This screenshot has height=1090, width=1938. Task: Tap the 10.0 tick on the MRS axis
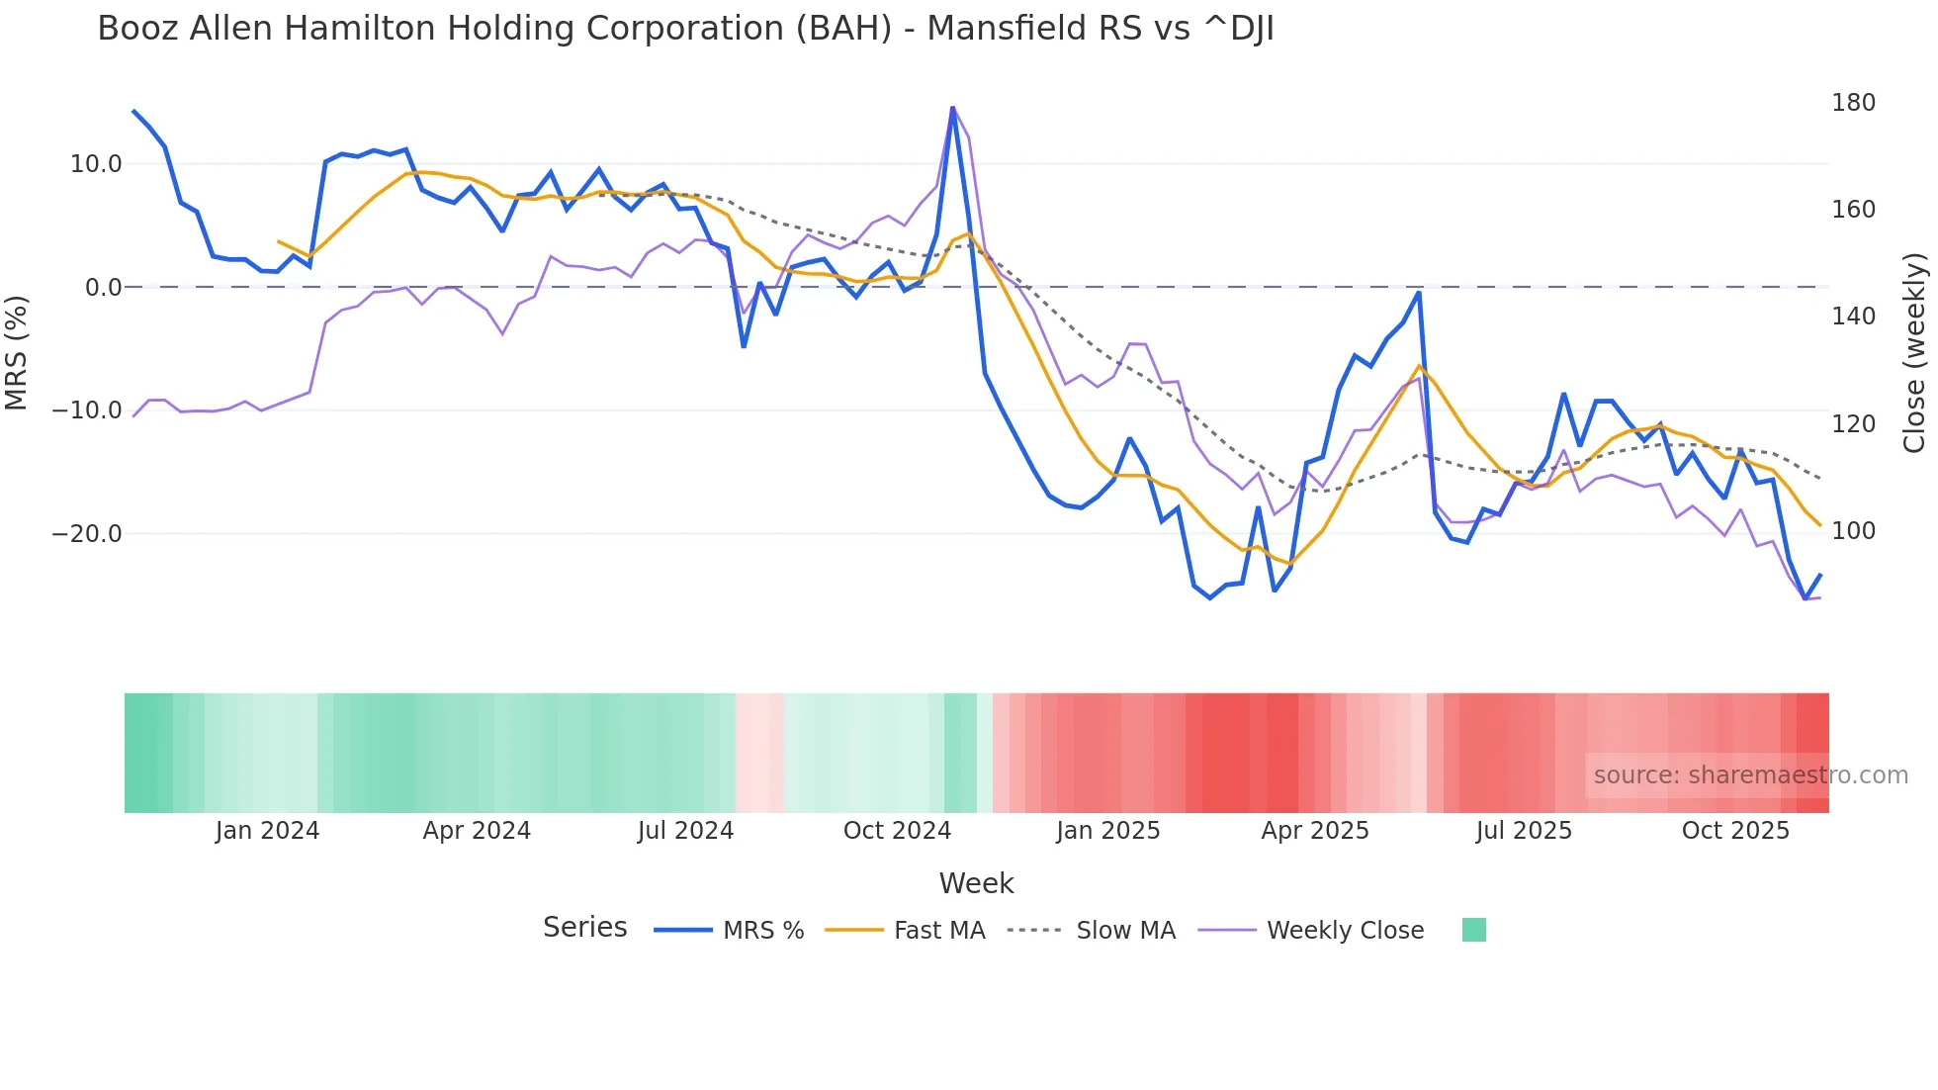pos(96,164)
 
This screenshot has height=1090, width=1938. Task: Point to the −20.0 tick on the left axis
pos(87,534)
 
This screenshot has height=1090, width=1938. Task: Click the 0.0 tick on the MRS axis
pos(103,288)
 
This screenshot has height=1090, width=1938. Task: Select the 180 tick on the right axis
pos(1853,103)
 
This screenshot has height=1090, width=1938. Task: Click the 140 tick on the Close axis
pos(1853,317)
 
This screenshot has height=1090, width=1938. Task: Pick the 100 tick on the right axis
pos(1853,531)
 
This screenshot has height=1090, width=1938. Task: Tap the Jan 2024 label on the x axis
pos(267,831)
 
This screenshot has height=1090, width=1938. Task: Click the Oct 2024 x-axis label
pos(897,831)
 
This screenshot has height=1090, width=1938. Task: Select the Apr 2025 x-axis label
pos(1315,831)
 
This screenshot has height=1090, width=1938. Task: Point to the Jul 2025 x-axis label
pos(1524,831)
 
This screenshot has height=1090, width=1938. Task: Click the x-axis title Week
pos(976,883)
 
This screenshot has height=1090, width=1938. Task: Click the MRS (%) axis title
pos(17,352)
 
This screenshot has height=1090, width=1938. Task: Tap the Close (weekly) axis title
pos(1914,352)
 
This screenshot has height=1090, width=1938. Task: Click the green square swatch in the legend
pos(1473,930)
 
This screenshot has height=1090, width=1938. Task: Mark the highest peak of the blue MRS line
pos(952,108)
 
